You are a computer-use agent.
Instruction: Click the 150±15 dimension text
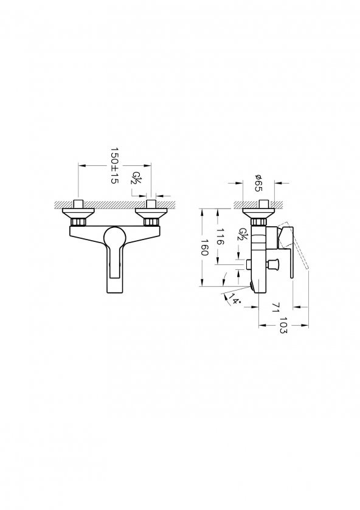tap(114, 165)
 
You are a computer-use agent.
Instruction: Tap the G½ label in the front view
tap(137, 179)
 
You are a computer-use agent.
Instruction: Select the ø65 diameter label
tap(257, 182)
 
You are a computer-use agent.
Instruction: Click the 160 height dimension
tap(206, 249)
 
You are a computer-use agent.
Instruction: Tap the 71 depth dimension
tap(275, 308)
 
